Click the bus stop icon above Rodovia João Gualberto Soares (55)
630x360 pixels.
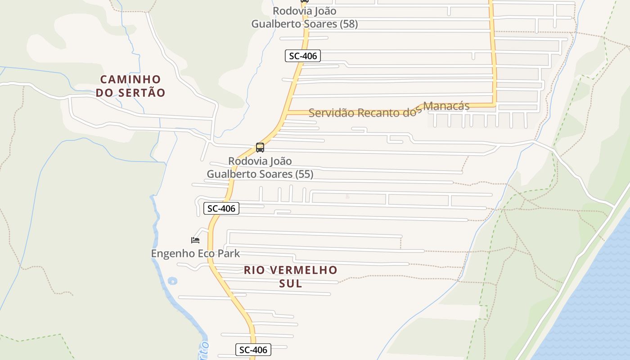pyautogui.click(x=260, y=148)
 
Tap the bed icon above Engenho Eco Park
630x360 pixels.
pyautogui.click(x=195, y=240)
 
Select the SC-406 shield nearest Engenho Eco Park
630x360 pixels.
pyautogui.click(x=221, y=208)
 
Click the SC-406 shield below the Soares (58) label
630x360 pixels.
pyautogui.click(x=303, y=56)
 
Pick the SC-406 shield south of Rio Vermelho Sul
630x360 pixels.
pyautogui.click(x=253, y=350)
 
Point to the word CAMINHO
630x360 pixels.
pyautogui.click(x=130, y=80)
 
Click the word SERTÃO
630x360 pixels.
pyautogui.click(x=142, y=93)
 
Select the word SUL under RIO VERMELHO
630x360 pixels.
pyautogui.click(x=291, y=283)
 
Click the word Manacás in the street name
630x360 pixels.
pyautogui.click(x=446, y=106)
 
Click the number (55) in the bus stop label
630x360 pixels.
pyautogui.click(x=304, y=174)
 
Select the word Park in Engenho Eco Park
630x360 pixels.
pyautogui.click(x=229, y=253)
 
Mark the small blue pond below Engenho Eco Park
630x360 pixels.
pyautogui.click(x=172, y=281)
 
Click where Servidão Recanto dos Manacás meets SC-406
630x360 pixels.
pyautogui.click(x=287, y=112)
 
